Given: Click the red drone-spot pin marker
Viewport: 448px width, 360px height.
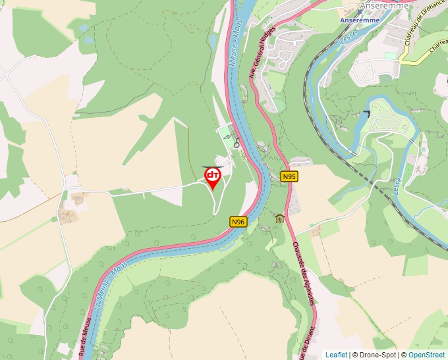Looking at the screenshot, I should click(x=213, y=176).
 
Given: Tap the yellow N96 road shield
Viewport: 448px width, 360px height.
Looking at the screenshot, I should click(x=238, y=222).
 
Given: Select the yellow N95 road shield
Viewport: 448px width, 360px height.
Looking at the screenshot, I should click(x=289, y=176).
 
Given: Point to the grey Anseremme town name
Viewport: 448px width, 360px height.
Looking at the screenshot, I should click(x=385, y=6).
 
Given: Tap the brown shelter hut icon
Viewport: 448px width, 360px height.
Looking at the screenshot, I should click(x=279, y=219).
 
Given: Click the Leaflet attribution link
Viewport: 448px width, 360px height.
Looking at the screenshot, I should click(x=336, y=355).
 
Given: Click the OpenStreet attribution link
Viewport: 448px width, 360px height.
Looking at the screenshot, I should click(x=426, y=355).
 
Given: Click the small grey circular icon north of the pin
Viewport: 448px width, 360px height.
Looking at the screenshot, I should click(x=237, y=143).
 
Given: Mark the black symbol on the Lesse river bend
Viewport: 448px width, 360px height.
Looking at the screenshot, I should click(x=365, y=114).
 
